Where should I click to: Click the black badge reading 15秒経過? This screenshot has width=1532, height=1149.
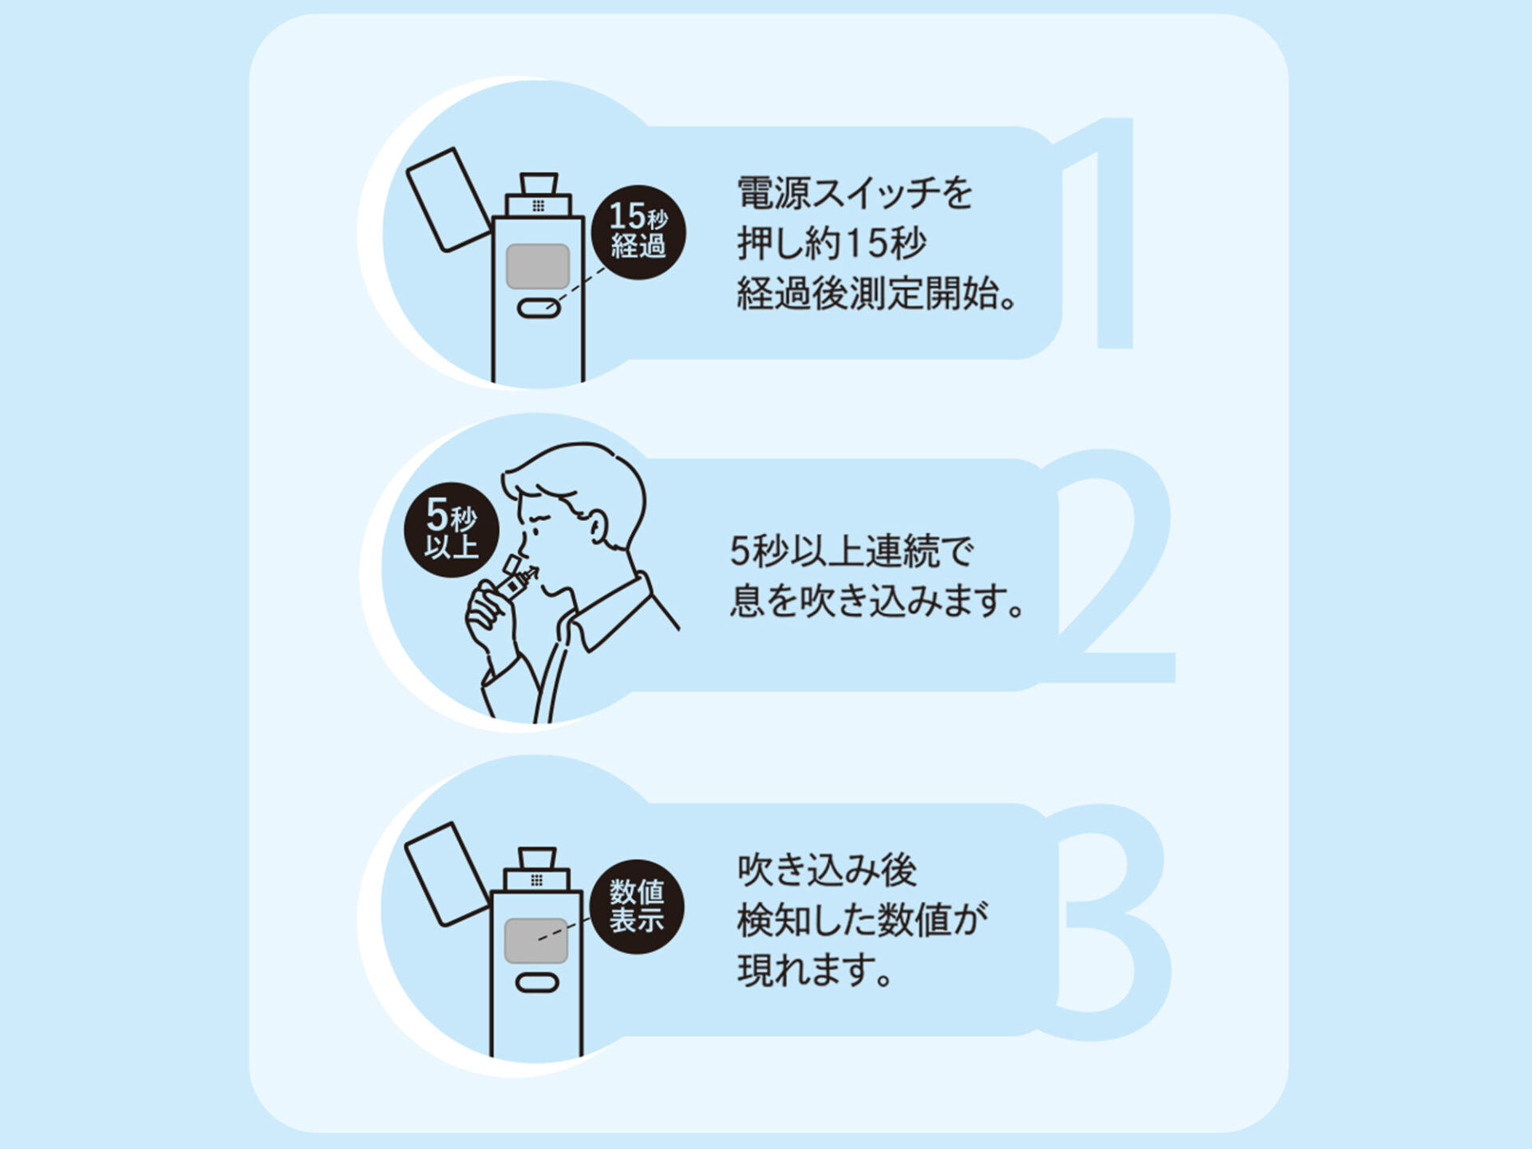coord(638,232)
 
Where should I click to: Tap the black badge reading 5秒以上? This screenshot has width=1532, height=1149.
coord(452,530)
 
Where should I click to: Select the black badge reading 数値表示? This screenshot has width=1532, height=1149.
coord(638,907)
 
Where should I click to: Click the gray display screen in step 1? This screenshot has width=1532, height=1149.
coord(538,267)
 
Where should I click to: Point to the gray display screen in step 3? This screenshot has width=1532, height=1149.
coord(536,941)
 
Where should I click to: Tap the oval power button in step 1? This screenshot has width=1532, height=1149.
coord(539,308)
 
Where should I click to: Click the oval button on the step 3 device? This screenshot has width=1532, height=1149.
coord(537,982)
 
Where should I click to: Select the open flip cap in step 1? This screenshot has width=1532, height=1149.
coord(449,199)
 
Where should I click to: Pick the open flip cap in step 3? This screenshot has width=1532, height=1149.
coord(447,875)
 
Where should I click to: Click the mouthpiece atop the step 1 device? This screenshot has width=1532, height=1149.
coord(539,184)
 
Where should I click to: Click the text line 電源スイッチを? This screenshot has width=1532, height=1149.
coord(855,193)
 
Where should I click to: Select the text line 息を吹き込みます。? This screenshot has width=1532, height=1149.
coord(877,601)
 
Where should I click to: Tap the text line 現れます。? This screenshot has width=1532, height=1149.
coord(815,971)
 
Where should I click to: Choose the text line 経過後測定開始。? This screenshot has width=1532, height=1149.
coord(877,293)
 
